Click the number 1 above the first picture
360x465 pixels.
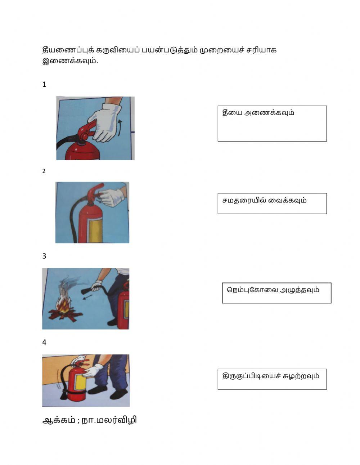coord(44,85)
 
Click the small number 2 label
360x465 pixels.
coord(44,171)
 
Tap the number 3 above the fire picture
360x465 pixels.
coord(44,256)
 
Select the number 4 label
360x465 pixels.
coord(44,342)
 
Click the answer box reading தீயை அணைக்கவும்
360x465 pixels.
coord(272,123)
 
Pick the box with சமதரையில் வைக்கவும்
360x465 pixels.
coord(272,204)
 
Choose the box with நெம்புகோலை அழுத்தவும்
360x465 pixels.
coord(276,293)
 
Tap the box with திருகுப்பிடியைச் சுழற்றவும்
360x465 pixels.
coord(272,379)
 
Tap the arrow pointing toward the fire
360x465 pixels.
coord(87,297)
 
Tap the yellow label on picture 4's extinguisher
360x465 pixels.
coord(79,379)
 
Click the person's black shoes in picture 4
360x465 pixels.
coord(108,393)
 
